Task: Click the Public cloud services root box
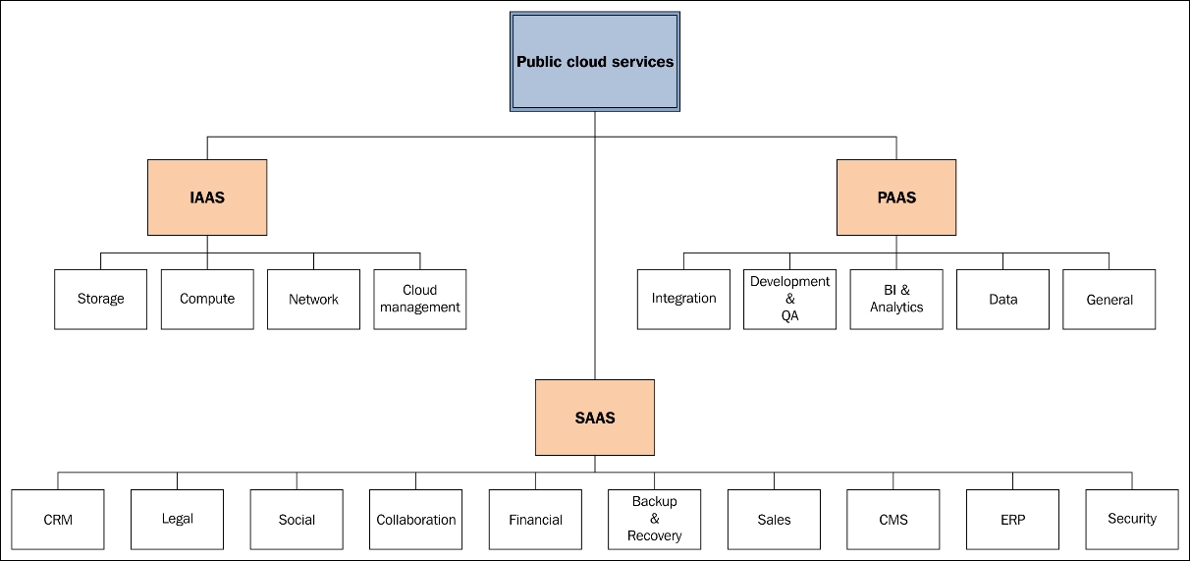(x=594, y=62)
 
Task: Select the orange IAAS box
(x=207, y=197)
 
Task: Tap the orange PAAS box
(x=896, y=197)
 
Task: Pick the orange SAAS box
(x=594, y=418)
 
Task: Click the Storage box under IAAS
(x=100, y=300)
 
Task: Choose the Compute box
(x=207, y=300)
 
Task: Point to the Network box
(x=313, y=300)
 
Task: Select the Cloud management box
(x=419, y=300)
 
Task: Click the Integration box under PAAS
(x=683, y=300)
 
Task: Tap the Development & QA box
(x=789, y=300)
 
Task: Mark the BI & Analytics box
(x=896, y=300)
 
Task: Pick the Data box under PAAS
(x=1003, y=300)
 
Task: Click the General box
(x=1109, y=300)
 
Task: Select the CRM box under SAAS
(x=58, y=520)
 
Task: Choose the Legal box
(x=177, y=520)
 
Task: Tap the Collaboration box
(x=416, y=520)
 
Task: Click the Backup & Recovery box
(x=655, y=520)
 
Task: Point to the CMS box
(x=893, y=520)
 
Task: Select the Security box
(x=1132, y=520)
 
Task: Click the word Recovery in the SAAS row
(x=655, y=535)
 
